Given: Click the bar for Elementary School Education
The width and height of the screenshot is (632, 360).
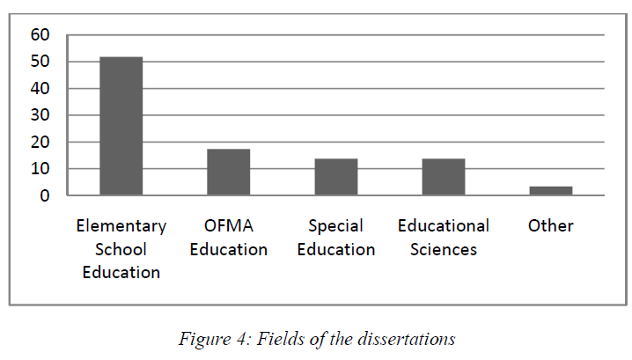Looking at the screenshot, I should click(121, 126).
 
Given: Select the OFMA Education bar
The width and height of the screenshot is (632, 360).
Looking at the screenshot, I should click(228, 173).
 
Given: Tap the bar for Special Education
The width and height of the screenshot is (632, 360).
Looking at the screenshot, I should click(335, 177).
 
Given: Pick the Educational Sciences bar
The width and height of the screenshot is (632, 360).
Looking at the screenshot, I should click(443, 177).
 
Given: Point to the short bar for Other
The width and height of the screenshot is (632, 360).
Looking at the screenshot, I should click(550, 190).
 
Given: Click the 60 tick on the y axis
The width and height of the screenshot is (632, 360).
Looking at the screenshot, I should click(40, 35).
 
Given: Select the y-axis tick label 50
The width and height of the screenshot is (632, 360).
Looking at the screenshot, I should click(40, 62).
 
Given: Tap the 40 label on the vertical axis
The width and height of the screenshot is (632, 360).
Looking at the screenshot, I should click(40, 88).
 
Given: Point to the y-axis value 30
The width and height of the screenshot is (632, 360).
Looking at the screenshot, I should click(40, 115).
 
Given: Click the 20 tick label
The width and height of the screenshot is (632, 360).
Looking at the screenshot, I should click(40, 142).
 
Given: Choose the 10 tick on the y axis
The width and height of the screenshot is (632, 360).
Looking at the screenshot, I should click(40, 168).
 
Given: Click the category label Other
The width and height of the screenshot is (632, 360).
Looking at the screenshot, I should click(550, 226).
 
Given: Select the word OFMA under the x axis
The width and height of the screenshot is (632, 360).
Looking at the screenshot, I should click(228, 226).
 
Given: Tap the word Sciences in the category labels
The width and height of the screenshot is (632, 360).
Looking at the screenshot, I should click(443, 249).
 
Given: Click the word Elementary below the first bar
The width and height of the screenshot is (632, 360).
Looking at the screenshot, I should click(121, 226).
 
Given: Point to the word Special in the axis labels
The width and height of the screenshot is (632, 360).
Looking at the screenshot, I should click(335, 226).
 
